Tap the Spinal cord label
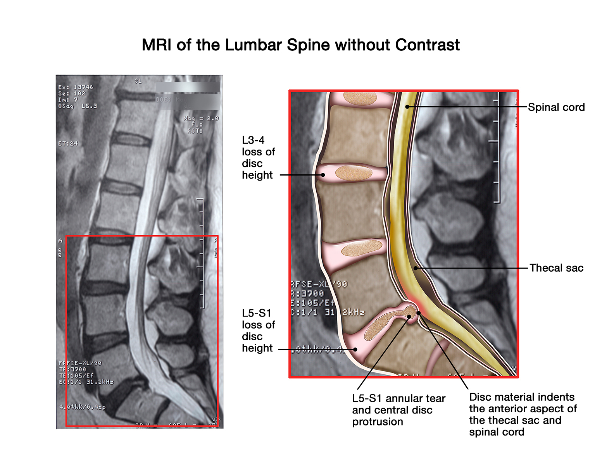coord(556,107)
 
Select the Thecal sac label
coord(556,268)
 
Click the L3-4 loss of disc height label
coord(258,158)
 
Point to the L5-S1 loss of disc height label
coord(258,331)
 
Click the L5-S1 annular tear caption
coord(398,410)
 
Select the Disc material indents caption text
coord(523,414)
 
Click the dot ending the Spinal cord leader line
coord(407,107)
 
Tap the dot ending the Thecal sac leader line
coord(416,268)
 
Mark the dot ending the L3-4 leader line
coord(323,175)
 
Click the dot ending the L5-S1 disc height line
coord(355,350)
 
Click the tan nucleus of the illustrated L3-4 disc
coord(354,172)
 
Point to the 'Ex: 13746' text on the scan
coord(76,87)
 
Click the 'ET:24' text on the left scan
coord(68,143)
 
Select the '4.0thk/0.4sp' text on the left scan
coord(82,407)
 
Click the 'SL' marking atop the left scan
coord(138,81)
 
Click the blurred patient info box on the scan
coord(188,96)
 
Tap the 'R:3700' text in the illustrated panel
coord(307,294)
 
